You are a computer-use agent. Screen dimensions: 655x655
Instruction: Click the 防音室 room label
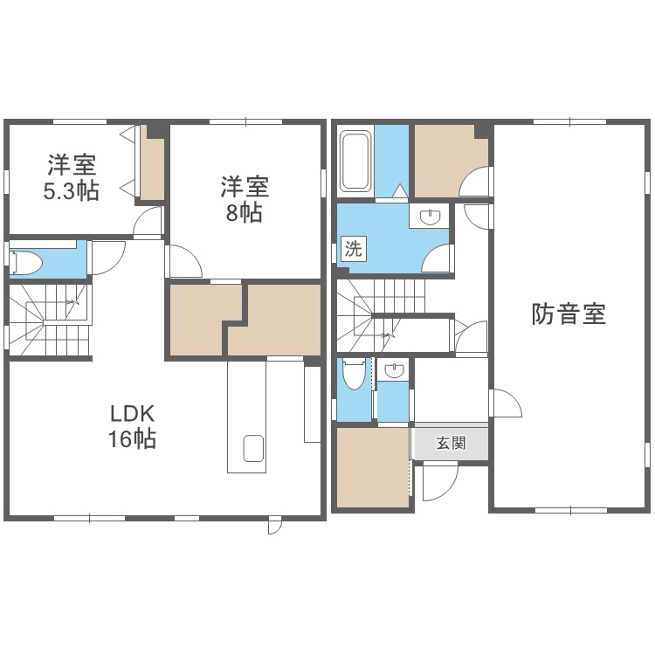click(569, 314)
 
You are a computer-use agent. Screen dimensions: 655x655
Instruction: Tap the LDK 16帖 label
click(133, 426)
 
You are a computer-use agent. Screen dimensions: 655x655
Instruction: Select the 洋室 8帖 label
click(245, 199)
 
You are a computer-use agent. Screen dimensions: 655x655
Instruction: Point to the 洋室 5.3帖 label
click(72, 177)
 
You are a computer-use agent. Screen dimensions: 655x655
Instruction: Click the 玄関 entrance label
click(451, 443)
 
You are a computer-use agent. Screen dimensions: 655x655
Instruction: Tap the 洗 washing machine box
click(354, 249)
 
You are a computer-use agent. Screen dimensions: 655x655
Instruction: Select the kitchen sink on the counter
click(253, 448)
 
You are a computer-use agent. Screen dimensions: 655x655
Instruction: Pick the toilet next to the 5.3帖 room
click(25, 263)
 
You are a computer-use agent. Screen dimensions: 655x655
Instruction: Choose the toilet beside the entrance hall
click(353, 374)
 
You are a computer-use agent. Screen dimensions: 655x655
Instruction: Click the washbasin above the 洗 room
click(429, 217)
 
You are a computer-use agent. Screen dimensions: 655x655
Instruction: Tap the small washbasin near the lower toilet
click(393, 370)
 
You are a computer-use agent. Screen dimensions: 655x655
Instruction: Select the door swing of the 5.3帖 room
click(147, 222)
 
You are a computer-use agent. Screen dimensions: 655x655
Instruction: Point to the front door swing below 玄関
click(441, 483)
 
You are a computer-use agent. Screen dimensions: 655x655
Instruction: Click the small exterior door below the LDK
click(274, 526)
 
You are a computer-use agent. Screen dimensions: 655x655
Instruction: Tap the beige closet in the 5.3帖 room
click(152, 163)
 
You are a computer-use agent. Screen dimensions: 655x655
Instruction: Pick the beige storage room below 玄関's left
click(373, 467)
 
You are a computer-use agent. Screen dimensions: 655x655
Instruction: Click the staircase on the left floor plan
click(49, 320)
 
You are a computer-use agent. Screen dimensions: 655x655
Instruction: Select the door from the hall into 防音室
click(507, 403)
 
